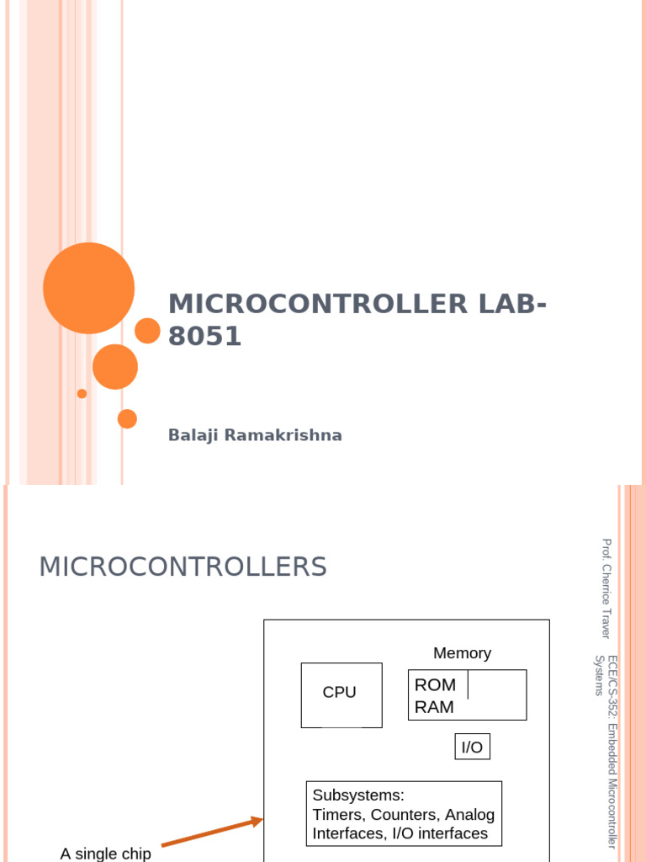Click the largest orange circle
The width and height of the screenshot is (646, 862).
88,288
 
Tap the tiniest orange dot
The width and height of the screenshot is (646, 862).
82,393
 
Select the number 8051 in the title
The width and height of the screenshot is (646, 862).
204,337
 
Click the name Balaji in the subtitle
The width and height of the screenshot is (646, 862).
192,435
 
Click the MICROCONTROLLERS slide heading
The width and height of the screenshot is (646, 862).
183,567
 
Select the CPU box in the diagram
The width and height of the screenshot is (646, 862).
341,694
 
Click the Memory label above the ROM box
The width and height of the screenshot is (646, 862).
462,653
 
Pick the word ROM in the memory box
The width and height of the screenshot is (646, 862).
435,685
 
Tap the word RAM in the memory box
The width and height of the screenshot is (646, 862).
434,707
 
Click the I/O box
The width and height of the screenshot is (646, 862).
472,747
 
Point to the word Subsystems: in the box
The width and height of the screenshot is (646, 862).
358,795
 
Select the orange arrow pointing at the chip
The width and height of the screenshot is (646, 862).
212,832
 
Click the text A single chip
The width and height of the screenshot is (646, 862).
105,853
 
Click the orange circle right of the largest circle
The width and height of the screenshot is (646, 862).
147,331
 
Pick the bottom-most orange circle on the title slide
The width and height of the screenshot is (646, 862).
127,418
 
